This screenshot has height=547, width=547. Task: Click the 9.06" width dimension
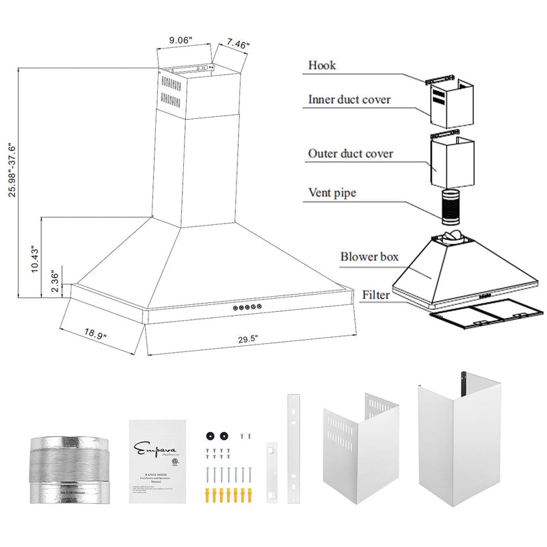click(x=181, y=40)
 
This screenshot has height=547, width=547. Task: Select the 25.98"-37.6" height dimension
click(x=12, y=170)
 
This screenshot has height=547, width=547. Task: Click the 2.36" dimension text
click(x=56, y=282)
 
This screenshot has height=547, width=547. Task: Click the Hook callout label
click(x=322, y=66)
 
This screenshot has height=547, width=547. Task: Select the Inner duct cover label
click(x=349, y=100)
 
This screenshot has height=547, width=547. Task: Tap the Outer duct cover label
click(x=350, y=154)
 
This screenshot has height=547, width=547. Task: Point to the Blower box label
click(x=369, y=257)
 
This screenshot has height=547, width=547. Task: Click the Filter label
click(x=377, y=295)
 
